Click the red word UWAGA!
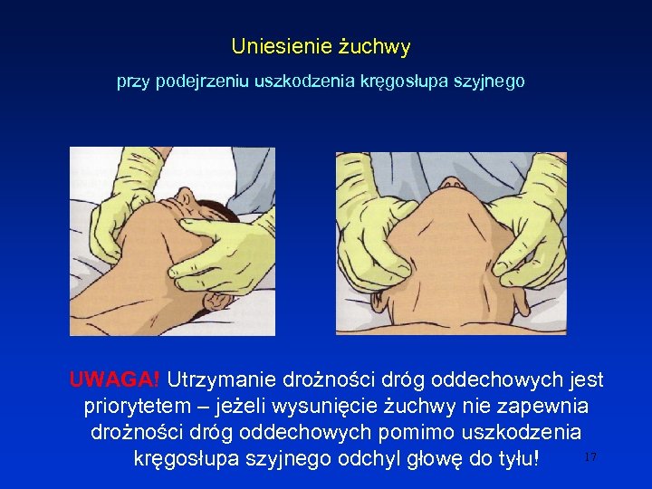114,379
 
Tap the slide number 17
590,457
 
